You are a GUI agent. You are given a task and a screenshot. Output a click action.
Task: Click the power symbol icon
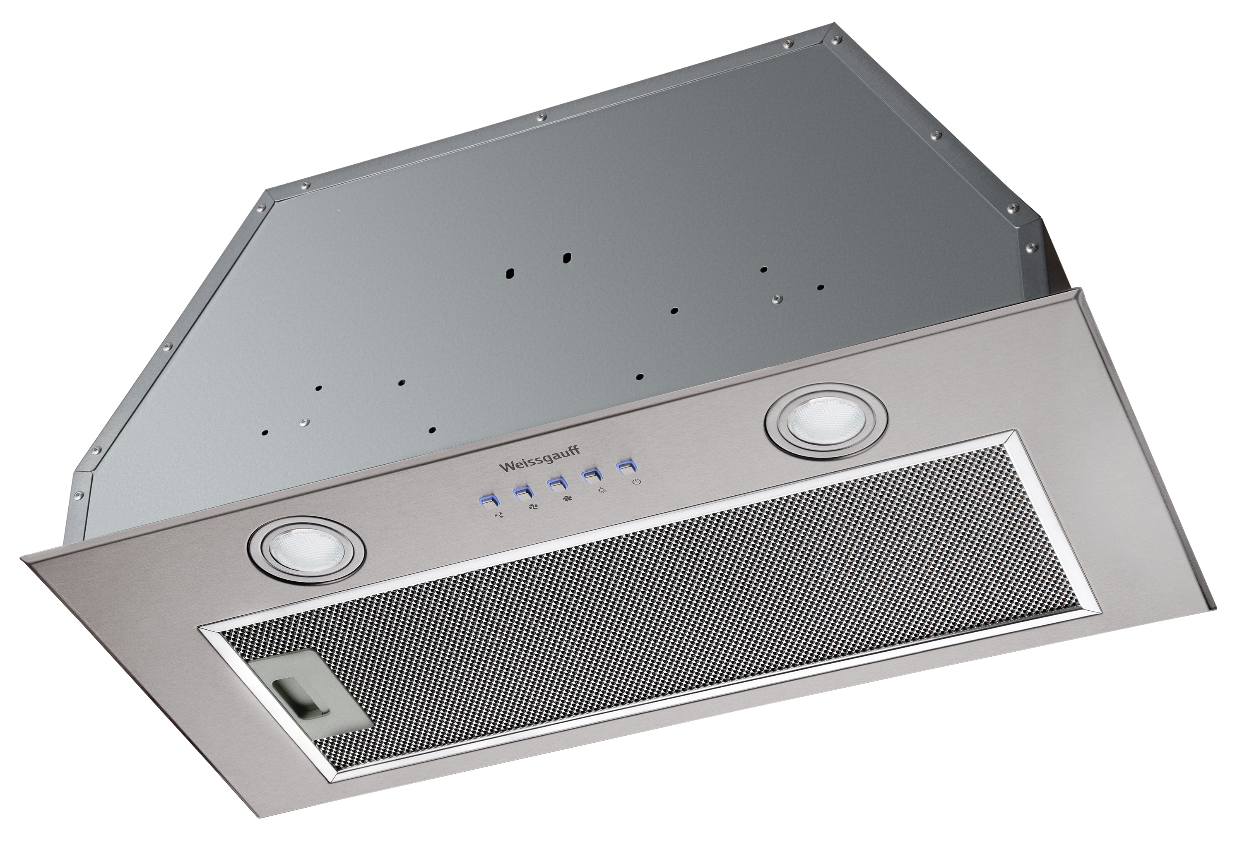(636, 482)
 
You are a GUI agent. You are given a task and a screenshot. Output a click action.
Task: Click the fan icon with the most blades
(566, 498)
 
